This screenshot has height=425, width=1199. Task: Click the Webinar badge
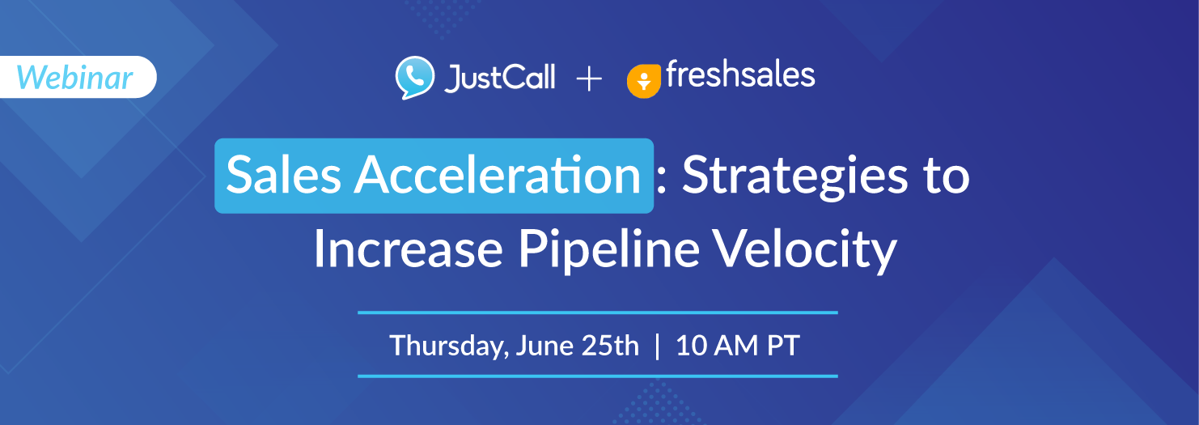[78, 77]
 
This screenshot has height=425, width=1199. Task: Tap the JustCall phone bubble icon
[415, 77]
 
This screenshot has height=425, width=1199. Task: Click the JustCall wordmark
[499, 79]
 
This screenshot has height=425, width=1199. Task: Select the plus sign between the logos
[589, 80]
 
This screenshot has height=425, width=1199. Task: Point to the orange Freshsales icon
[644, 82]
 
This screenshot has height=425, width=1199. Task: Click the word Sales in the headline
[284, 175]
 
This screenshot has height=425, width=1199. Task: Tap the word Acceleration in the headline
[498, 175]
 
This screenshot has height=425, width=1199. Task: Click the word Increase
[408, 249]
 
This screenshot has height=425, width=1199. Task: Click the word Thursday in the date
[449, 346]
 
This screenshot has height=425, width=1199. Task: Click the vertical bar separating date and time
[658, 346]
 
